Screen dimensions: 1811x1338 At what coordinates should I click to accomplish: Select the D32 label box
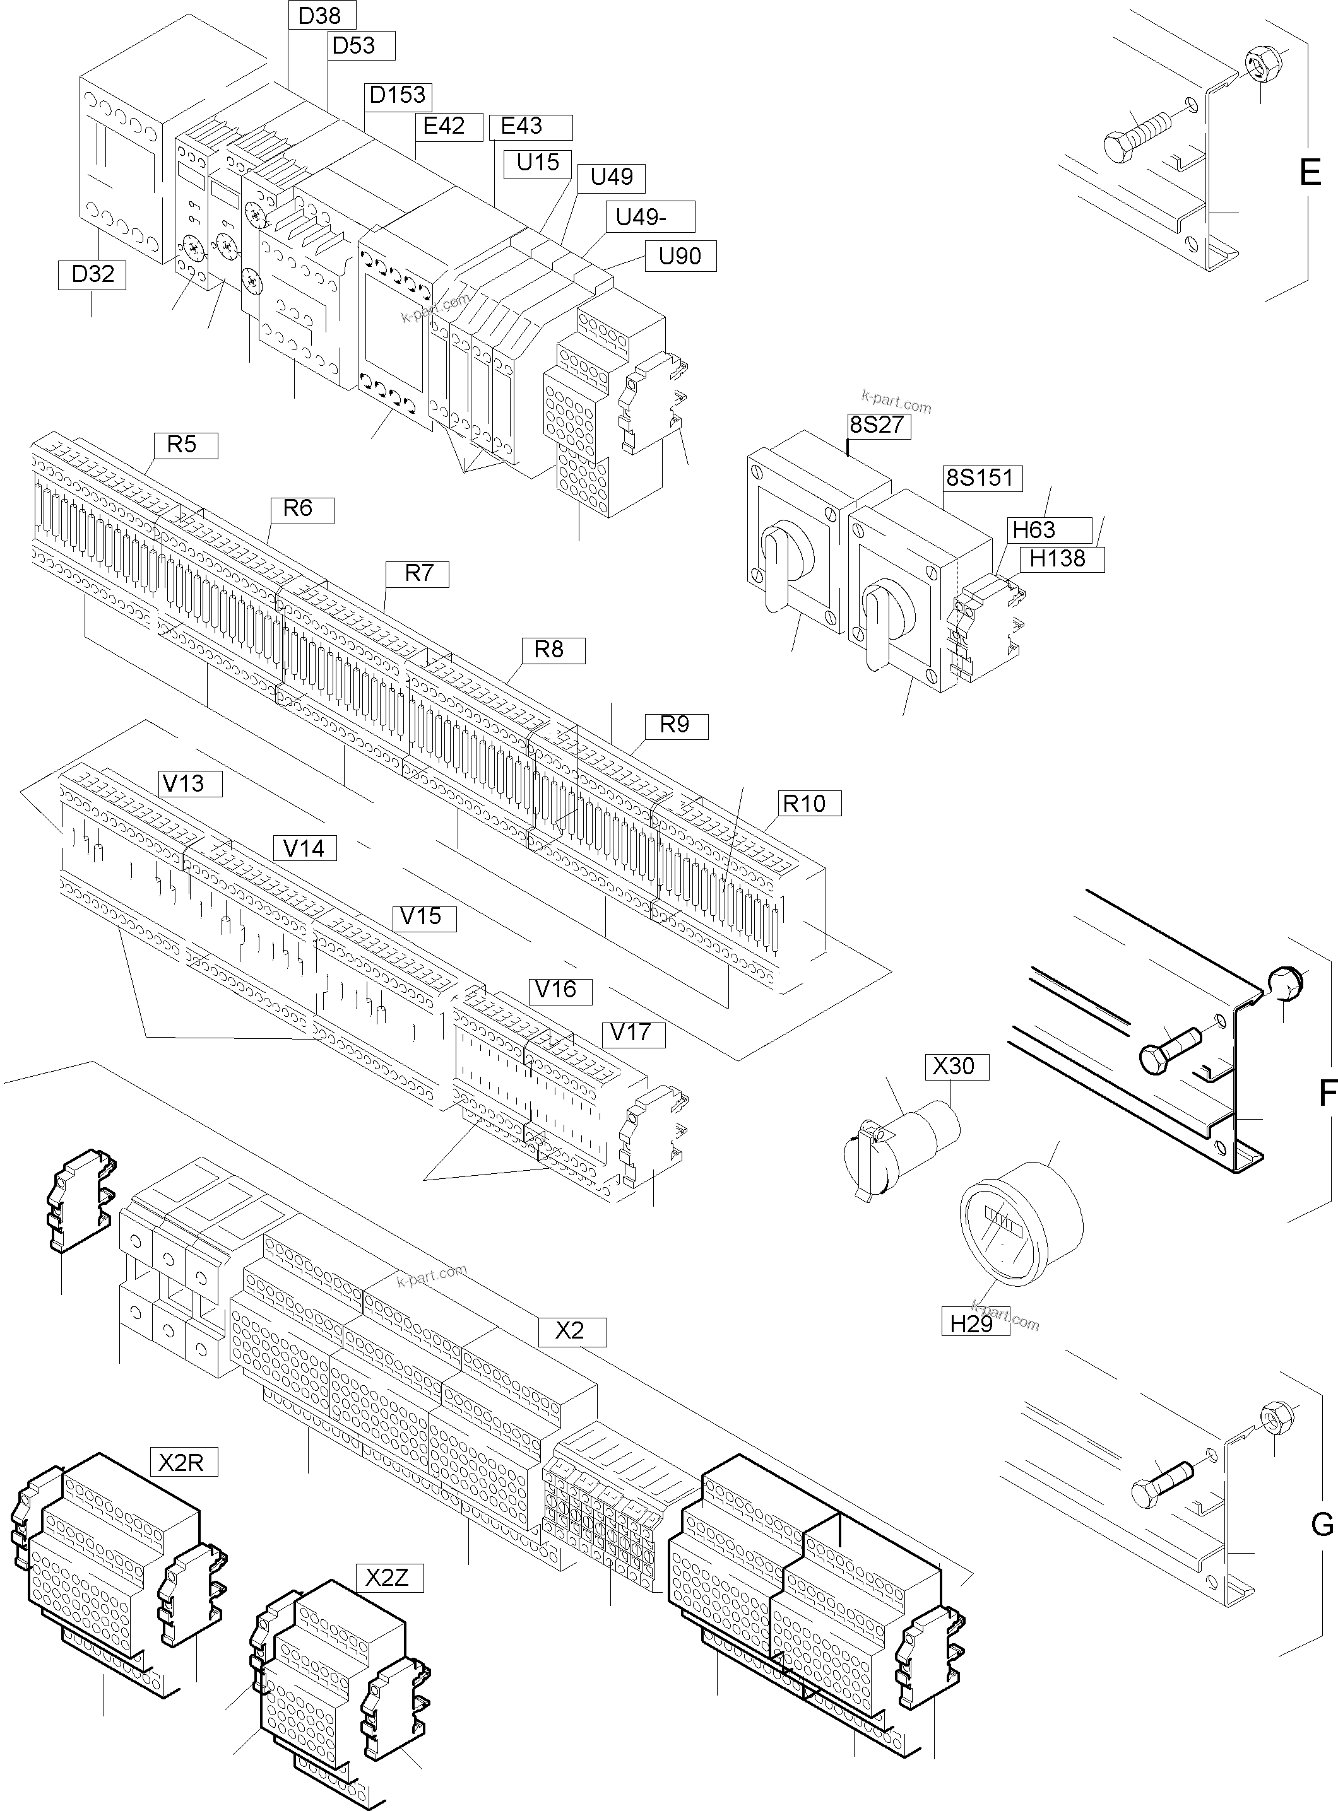[92, 274]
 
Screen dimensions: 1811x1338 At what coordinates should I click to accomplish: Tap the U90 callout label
[680, 257]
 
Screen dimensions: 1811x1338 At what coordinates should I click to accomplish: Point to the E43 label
[523, 126]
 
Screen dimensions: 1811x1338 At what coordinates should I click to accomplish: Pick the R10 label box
[803, 803]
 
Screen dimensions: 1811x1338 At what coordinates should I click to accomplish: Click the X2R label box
[181, 1462]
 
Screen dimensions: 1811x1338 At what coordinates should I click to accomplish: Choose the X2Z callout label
[387, 1579]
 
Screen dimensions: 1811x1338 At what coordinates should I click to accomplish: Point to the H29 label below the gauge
[971, 1323]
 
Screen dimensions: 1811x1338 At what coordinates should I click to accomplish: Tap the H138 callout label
[1057, 559]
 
